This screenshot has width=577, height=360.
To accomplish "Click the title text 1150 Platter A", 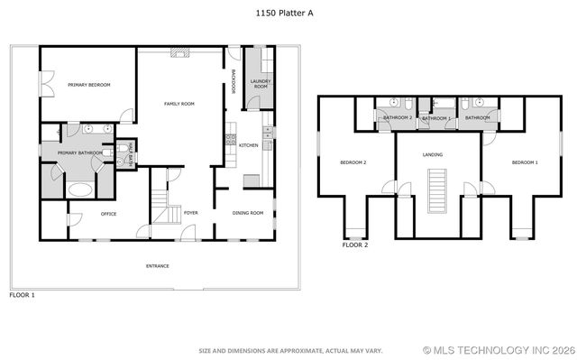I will click(x=288, y=13).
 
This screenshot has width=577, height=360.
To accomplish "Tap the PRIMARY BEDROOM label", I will click(x=88, y=85).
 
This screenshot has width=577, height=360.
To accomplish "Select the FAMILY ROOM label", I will click(x=179, y=105).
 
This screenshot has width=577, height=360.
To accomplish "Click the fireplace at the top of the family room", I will click(x=179, y=52).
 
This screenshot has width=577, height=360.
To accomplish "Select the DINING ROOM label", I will click(x=247, y=213).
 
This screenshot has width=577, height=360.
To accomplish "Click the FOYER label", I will click(x=191, y=213).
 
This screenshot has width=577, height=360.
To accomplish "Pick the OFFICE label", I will click(x=84, y=213).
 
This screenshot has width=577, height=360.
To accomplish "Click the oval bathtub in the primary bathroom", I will click(x=80, y=190).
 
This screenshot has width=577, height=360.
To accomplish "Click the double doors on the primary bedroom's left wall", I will click(x=43, y=84).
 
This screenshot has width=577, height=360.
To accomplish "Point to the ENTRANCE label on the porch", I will click(x=158, y=266).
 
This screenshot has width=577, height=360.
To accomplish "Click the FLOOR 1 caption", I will click(x=22, y=295).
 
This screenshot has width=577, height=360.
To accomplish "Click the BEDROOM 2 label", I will click(x=353, y=162).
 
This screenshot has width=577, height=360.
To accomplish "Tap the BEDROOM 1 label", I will click(x=525, y=162).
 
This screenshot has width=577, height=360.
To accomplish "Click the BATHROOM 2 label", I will click(x=398, y=118).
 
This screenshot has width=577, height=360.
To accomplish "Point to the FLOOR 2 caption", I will click(x=355, y=245).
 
